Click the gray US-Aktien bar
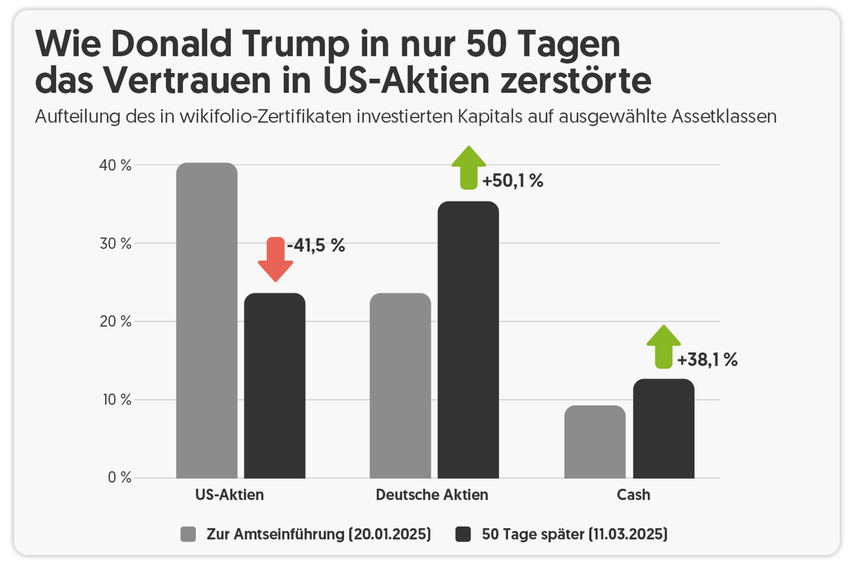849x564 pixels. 207,320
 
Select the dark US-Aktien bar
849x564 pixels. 275,385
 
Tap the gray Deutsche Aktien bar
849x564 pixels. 400,385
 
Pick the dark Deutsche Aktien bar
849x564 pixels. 468,339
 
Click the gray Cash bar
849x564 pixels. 595,442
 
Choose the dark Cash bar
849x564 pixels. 663,428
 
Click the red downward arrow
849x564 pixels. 275,259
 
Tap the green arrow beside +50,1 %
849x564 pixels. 469,168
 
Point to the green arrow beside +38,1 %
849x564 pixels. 663,347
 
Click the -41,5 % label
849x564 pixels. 316,245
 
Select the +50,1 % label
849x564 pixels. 512,181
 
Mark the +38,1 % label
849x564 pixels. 707,360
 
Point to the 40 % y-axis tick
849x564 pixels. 115,165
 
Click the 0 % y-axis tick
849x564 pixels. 119,477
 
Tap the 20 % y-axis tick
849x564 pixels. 115,321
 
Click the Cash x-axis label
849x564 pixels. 633,495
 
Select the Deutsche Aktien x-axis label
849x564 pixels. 432,495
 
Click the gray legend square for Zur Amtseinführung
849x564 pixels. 188,534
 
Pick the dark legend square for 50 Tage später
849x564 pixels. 463,534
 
